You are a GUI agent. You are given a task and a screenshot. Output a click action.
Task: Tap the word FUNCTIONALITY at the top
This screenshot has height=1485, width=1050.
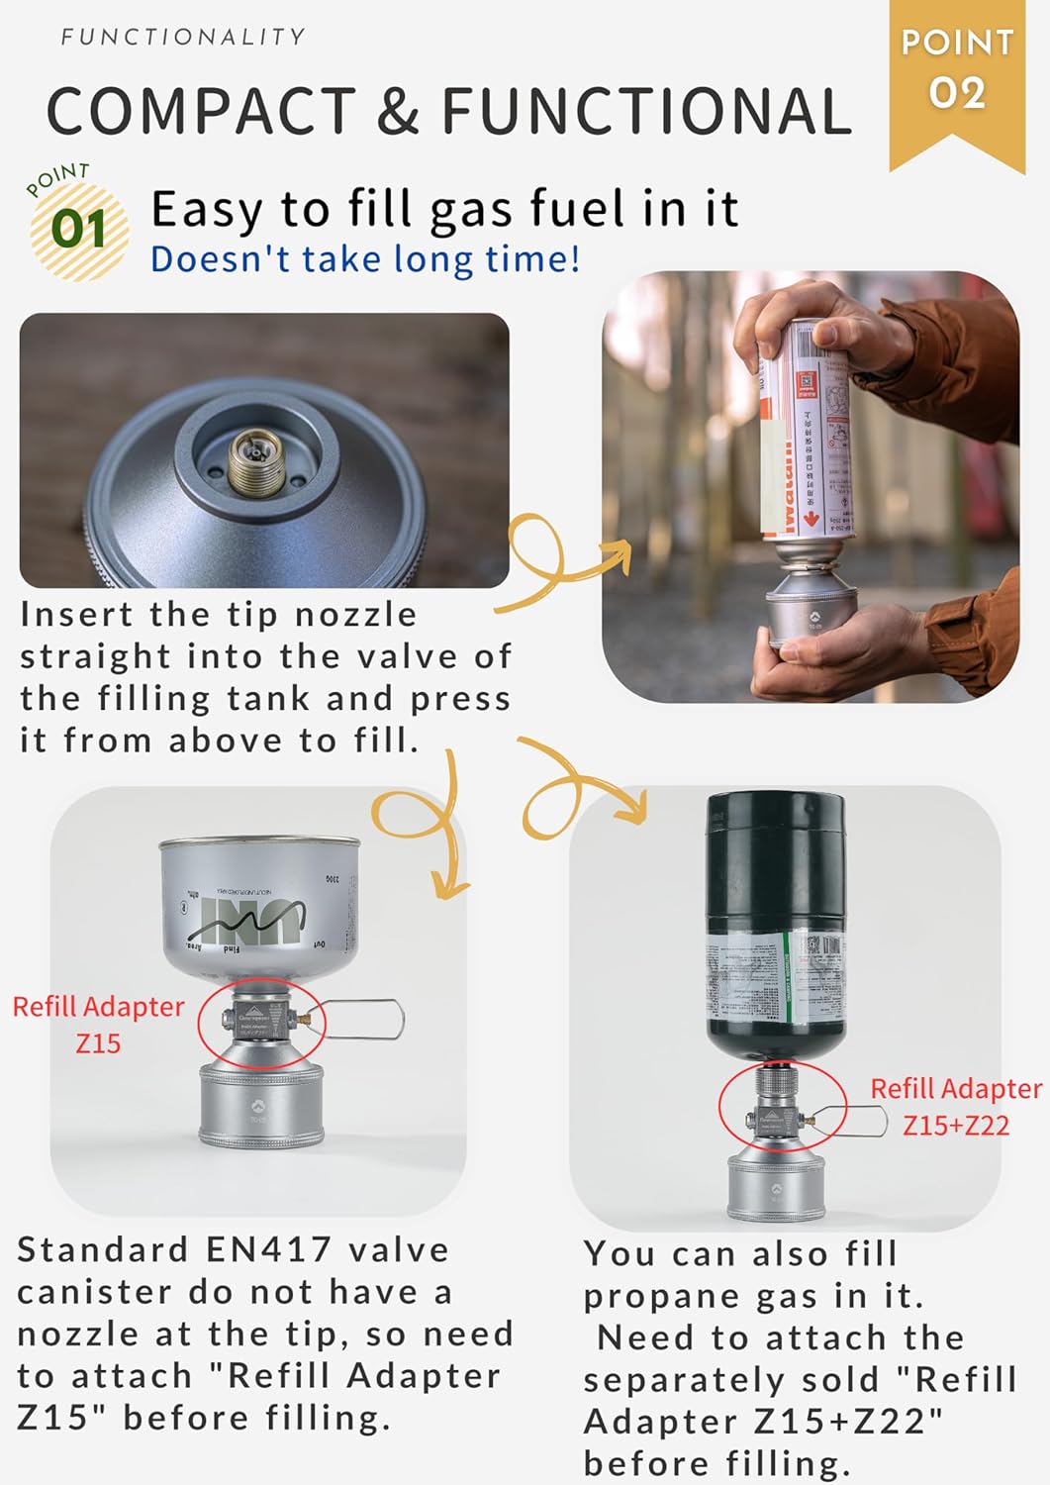(x=183, y=38)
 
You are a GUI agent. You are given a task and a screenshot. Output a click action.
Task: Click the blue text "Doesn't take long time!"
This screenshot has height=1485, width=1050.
(x=364, y=259)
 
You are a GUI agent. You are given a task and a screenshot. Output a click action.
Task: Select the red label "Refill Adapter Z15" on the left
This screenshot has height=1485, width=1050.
(x=98, y=1025)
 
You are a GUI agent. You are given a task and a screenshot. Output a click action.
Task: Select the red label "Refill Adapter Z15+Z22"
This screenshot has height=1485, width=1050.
(x=955, y=1107)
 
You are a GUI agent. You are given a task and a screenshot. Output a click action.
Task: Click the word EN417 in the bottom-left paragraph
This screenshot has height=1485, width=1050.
(x=268, y=1249)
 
